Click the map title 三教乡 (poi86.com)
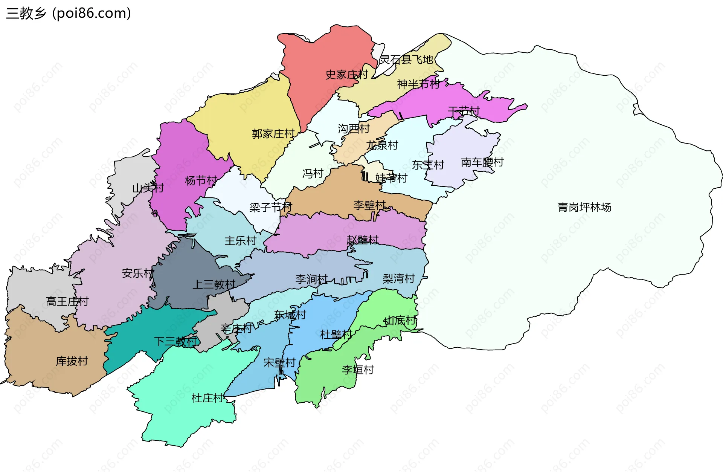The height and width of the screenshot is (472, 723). click(69, 13)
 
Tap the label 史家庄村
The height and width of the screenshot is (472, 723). click(346, 75)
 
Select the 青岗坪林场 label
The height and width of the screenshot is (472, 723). click(584, 207)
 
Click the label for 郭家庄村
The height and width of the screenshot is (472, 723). click(273, 134)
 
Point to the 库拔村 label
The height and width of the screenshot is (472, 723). click(72, 361)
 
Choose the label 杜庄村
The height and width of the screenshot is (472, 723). click(207, 398)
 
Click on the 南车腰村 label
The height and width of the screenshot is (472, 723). click(482, 162)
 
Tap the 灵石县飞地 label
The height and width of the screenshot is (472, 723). click(406, 60)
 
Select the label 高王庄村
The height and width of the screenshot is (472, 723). click(67, 301)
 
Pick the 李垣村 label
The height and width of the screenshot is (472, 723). click(358, 370)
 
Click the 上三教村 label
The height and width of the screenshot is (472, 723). click(214, 284)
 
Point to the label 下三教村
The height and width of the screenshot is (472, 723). click(175, 341)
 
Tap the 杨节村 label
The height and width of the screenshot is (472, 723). click(201, 181)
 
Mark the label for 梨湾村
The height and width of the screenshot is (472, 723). click(398, 278)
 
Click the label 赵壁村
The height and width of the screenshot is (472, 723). click(362, 240)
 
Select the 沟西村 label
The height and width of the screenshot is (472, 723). click(354, 128)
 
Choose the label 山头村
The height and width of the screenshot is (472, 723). click(148, 188)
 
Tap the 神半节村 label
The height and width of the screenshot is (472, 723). click(418, 84)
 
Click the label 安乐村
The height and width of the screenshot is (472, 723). click(138, 273)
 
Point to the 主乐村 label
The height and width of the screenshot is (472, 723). click(240, 241)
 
